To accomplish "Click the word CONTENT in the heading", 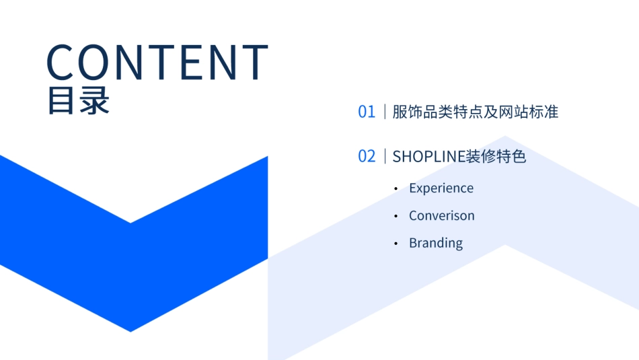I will pyautogui.click(x=157, y=62).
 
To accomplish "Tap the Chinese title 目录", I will pyautogui.click(x=78, y=100).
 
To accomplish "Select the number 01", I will pyautogui.click(x=367, y=112).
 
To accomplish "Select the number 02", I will pyautogui.click(x=367, y=157).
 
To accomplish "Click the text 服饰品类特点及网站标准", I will pyautogui.click(x=476, y=112).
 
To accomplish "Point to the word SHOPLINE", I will pyautogui.click(x=429, y=157).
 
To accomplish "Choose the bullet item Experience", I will pyautogui.click(x=441, y=188).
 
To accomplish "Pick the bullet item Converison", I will pyautogui.click(x=442, y=216).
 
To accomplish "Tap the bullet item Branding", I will pyautogui.click(x=436, y=243).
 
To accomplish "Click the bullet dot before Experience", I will pyautogui.click(x=396, y=189).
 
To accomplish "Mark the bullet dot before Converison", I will pyautogui.click(x=396, y=217).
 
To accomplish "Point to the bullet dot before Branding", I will pyautogui.click(x=396, y=244).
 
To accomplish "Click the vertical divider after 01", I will pyautogui.click(x=385, y=112).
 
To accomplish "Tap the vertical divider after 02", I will pyautogui.click(x=385, y=157).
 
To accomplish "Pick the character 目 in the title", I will pyautogui.click(x=61, y=100).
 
